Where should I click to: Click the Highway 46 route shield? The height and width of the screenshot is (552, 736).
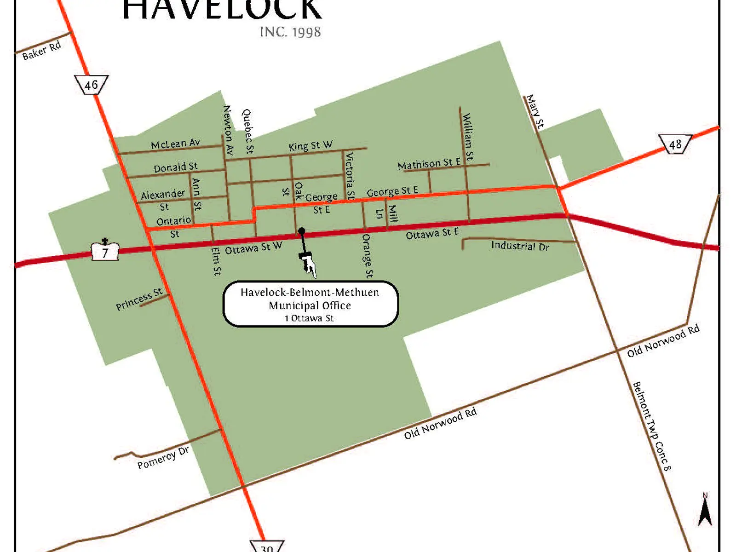(x=91, y=85)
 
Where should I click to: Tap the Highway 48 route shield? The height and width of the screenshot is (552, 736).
(x=675, y=144)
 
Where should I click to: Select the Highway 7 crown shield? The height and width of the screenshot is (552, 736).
(x=105, y=251)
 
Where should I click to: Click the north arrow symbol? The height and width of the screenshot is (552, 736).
(x=705, y=511)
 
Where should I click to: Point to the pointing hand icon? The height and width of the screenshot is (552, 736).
(x=308, y=264)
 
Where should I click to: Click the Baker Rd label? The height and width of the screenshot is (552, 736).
(x=41, y=51)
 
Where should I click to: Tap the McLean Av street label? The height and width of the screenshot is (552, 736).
(x=175, y=144)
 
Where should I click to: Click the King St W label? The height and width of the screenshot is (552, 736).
(x=310, y=146)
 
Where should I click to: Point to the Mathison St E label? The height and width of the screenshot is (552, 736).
(x=429, y=163)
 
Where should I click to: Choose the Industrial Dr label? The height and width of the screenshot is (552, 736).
(x=520, y=246)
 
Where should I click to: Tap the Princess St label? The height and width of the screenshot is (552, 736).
(x=139, y=299)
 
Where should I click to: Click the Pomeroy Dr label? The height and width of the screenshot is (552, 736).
(x=163, y=458)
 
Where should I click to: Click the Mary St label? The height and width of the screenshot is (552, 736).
(x=535, y=111)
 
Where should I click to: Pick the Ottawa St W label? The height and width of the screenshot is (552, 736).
(x=253, y=248)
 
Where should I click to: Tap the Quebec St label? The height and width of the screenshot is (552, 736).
(x=247, y=131)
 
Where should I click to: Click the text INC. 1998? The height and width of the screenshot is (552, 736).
(x=290, y=32)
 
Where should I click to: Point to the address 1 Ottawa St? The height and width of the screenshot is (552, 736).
(x=309, y=318)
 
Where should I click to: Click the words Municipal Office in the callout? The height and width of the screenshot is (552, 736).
(x=310, y=305)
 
